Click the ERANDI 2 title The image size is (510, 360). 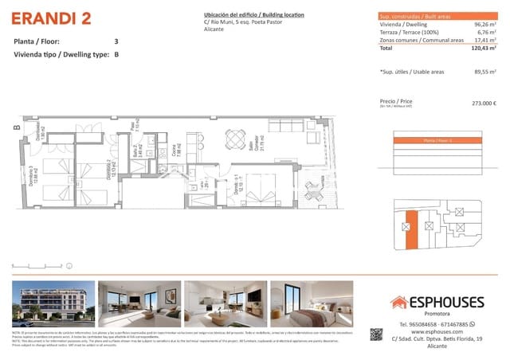51,18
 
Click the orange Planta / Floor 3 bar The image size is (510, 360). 438,141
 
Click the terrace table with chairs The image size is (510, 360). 310,190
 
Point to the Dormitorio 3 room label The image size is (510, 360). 37,170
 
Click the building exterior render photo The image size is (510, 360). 53,303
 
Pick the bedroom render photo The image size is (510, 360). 312,303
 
